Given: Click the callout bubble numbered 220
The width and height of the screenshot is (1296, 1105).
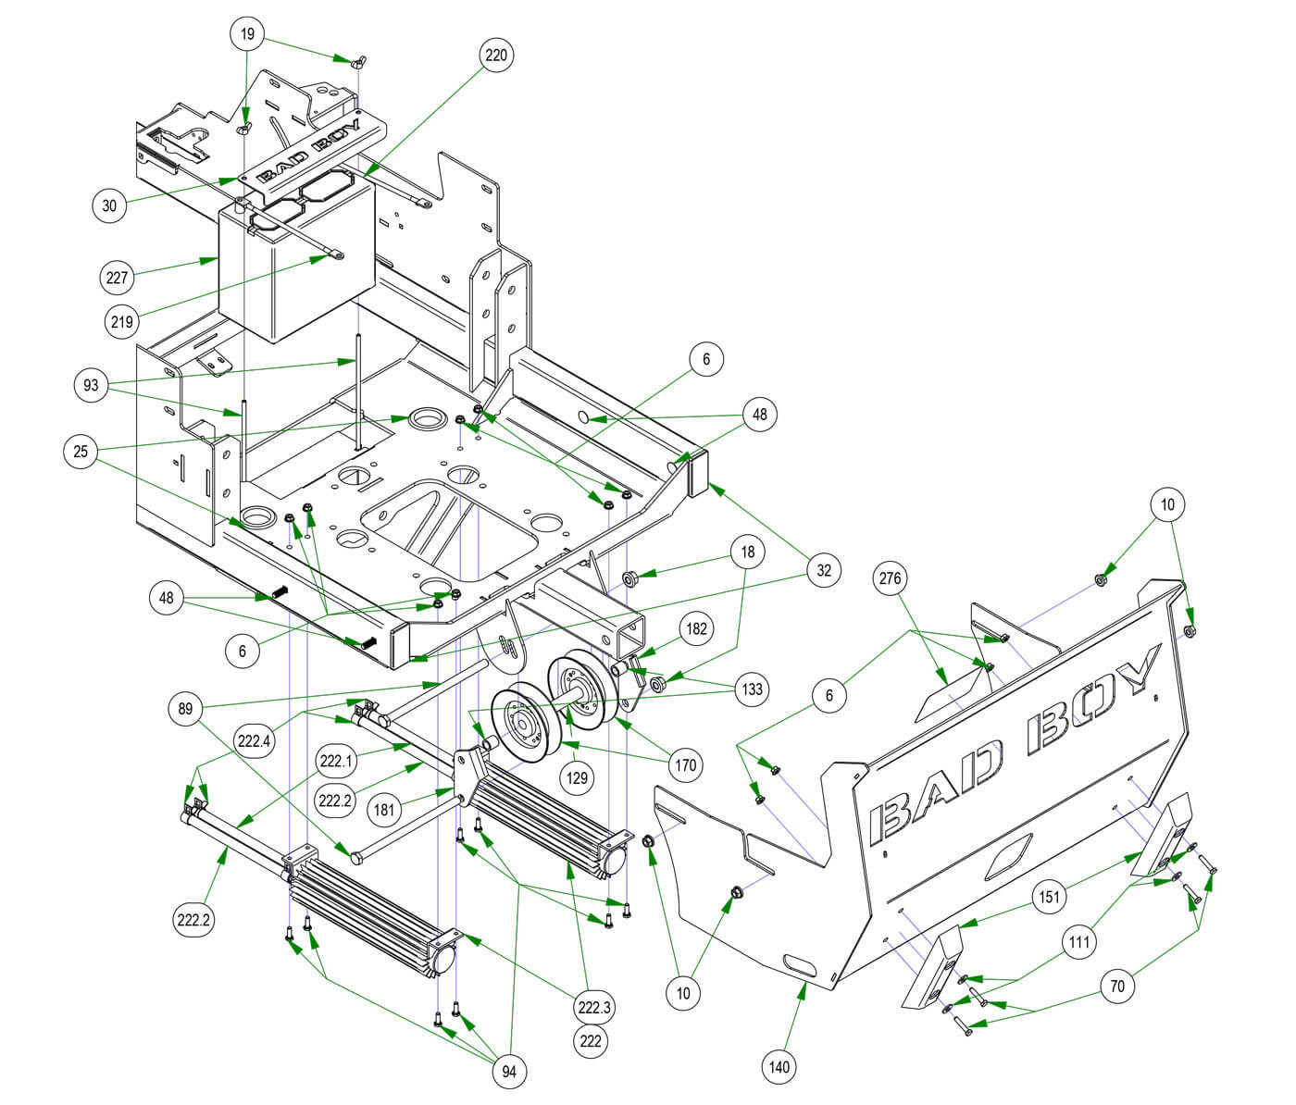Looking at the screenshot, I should [496, 56].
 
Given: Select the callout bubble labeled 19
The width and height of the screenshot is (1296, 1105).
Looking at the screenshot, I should [247, 35].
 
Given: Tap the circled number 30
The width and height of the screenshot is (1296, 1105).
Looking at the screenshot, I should [110, 205].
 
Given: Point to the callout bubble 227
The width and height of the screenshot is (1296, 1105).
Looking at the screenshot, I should [118, 276].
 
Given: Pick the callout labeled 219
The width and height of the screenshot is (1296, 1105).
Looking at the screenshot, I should [121, 322].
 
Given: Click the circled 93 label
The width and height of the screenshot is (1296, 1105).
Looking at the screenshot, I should [91, 385].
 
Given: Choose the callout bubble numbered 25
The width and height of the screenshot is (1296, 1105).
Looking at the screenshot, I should [81, 452].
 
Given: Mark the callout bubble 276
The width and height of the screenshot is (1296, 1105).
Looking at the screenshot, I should [893, 578].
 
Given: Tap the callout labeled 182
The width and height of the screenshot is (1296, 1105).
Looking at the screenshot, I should [696, 629].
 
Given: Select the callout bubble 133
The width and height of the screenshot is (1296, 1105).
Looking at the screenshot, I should [753, 689].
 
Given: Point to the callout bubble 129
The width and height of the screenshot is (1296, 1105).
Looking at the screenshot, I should [578, 778].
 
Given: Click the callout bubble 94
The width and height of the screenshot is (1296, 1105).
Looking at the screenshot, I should [508, 1072].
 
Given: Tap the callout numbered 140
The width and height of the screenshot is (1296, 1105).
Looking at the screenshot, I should [780, 1067].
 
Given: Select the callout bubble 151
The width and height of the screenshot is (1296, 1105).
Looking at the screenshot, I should [1049, 897].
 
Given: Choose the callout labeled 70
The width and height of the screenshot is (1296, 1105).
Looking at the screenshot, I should [1117, 986].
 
